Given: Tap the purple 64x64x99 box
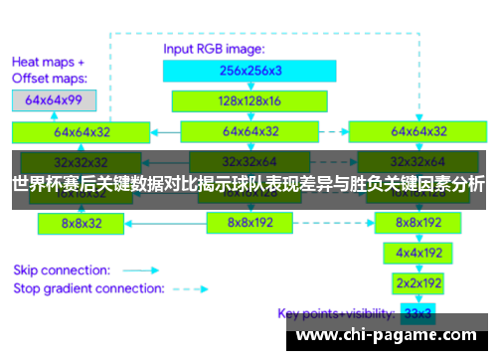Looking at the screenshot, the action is (56, 99).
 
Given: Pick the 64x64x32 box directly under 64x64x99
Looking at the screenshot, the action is (82, 130).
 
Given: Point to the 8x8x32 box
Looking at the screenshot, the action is (82, 224).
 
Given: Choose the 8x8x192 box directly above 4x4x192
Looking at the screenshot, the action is (417, 224).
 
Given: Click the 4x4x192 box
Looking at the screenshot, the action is (417, 254).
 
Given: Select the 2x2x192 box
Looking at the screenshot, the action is (417, 283).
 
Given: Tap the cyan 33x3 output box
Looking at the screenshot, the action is (417, 314).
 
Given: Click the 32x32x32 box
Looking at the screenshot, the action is (82, 161).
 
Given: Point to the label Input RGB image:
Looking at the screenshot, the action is (214, 47).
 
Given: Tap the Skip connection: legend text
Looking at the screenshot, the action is (61, 270).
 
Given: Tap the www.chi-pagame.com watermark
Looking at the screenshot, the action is (388, 336).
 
